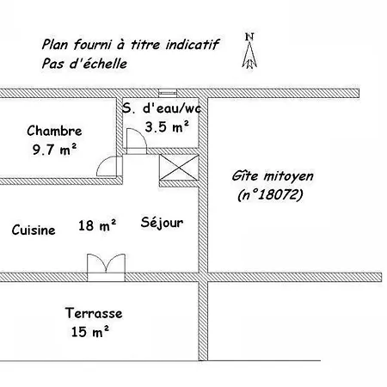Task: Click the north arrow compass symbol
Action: click(249, 54)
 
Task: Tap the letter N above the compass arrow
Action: click(249, 37)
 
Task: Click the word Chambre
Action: click(54, 131)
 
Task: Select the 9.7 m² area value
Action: click(54, 149)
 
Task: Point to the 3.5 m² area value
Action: click(167, 126)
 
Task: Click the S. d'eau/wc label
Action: click(162, 108)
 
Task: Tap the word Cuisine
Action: click(34, 230)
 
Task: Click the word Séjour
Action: click(162, 223)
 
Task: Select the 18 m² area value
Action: click(97, 225)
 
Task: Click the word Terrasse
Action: click(94, 313)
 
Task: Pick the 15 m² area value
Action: click(90, 332)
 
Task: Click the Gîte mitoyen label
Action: click(273, 175)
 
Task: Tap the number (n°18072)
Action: click(270, 195)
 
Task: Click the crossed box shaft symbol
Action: click(179, 168)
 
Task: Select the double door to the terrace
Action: click(106, 267)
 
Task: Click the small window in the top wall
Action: click(168, 93)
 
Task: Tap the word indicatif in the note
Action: click(193, 45)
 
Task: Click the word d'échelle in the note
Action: click(98, 64)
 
